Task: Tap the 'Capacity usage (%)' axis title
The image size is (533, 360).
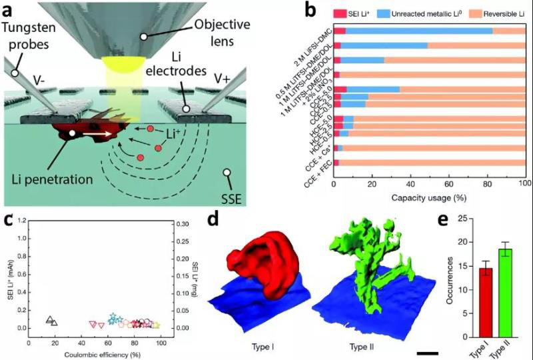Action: (x=429, y=198)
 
